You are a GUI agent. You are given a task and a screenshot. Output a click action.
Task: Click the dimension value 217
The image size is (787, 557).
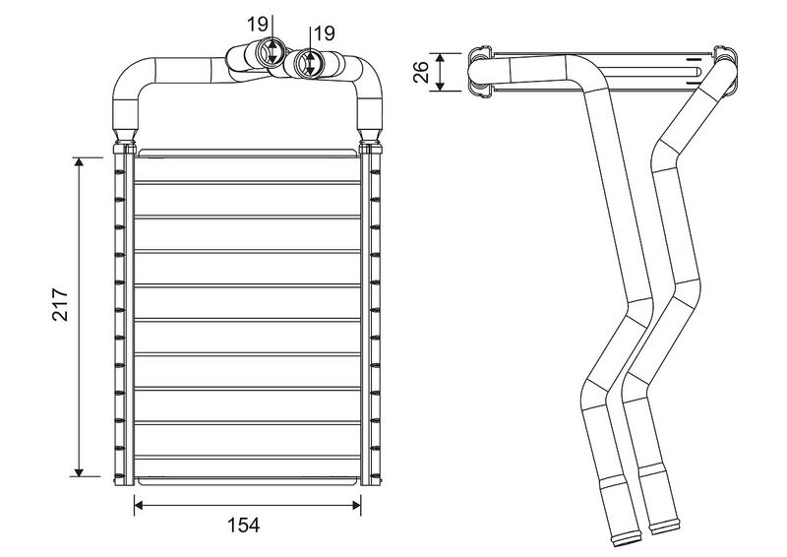pos(61,304)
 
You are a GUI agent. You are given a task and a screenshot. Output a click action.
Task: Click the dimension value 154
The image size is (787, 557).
pos(244,526)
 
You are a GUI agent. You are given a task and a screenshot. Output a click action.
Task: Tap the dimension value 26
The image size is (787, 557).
pos(421,71)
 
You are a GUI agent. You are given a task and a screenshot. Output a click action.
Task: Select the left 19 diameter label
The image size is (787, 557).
pos(258,24)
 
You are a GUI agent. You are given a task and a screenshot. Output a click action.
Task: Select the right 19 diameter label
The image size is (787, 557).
pos(324,33)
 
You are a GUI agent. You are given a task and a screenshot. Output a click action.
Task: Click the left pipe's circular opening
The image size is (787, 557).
pos(272,52)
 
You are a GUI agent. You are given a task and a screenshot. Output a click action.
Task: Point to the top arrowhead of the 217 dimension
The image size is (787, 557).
pos(79,161)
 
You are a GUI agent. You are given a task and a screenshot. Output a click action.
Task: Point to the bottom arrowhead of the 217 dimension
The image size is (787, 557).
pos(79,471)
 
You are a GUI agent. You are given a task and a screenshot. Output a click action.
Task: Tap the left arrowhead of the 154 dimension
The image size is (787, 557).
pos(139,505)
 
